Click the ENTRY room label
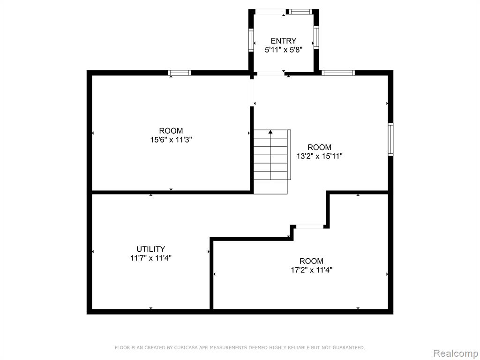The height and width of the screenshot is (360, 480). (283, 41)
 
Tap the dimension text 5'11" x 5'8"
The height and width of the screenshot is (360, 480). (284, 50)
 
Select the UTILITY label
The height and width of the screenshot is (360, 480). (150, 249)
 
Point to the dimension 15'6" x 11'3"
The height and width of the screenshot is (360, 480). (171, 140)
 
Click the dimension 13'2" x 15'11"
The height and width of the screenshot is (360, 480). (319, 156)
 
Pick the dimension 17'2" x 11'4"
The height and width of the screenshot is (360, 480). (311, 270)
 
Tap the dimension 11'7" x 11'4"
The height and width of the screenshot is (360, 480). (150, 258)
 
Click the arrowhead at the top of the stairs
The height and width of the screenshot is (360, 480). (270, 132)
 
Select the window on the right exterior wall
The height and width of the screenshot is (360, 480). (390, 139)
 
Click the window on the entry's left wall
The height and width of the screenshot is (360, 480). (251, 40)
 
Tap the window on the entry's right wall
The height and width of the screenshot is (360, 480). (316, 37)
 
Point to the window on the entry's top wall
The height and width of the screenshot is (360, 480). (300, 12)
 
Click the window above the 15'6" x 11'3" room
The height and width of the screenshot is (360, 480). (180, 73)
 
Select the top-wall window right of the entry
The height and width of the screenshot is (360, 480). (338, 73)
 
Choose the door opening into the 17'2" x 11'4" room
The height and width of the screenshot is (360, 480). (310, 226)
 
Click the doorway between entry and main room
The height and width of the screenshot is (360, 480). (270, 73)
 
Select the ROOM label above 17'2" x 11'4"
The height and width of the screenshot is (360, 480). (311, 261)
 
